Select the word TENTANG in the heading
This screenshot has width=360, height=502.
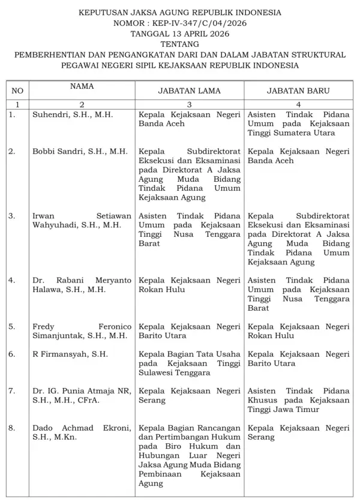179,44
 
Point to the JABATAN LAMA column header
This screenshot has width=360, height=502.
188,91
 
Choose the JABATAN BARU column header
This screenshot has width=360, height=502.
298,91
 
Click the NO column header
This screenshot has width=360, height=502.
18,91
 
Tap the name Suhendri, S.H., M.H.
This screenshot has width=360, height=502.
73,113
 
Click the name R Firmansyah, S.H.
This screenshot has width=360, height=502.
70,354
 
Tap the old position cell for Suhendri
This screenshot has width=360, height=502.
188,118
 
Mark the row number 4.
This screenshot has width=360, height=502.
12,280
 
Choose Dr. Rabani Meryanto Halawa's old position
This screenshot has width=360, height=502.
188,285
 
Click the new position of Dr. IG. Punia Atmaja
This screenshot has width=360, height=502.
298,400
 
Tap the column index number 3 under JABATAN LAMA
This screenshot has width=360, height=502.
188,104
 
